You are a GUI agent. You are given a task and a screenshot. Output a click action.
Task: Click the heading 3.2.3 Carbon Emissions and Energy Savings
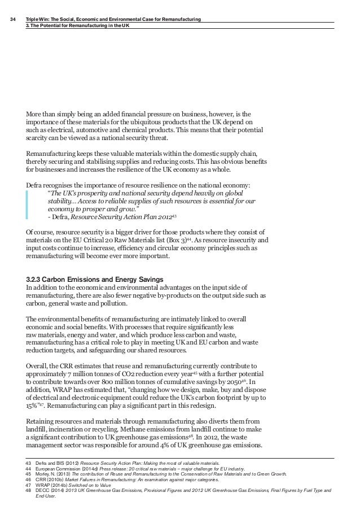95,279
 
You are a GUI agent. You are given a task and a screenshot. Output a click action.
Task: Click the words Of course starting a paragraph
43,232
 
